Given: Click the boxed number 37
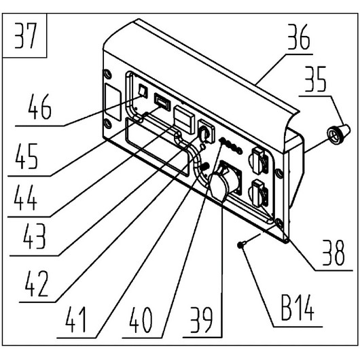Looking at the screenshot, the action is click(25, 35).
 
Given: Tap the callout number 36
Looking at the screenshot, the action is click(299, 37).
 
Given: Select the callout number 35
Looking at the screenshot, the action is click(315, 79).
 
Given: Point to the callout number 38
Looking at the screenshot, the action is click(334, 253).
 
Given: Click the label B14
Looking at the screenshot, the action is click(298, 308).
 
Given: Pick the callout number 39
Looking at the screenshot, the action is click(201, 321).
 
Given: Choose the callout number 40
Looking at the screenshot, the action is click(141, 321).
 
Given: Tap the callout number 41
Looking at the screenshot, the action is click(75, 320).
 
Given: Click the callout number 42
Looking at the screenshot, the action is click(37, 284).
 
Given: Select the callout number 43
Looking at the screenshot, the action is click(34, 237).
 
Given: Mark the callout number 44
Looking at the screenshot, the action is click(25, 198).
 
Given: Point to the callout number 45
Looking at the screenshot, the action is click(26, 156).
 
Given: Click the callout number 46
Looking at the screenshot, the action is click(39, 107).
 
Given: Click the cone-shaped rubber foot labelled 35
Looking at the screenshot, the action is click(339, 134).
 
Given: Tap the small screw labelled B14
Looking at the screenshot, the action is click(240, 245).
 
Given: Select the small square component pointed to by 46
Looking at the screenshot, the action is click(143, 90).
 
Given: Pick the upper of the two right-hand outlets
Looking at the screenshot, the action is click(259, 160).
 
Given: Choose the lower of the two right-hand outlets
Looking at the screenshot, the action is click(259, 193).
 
